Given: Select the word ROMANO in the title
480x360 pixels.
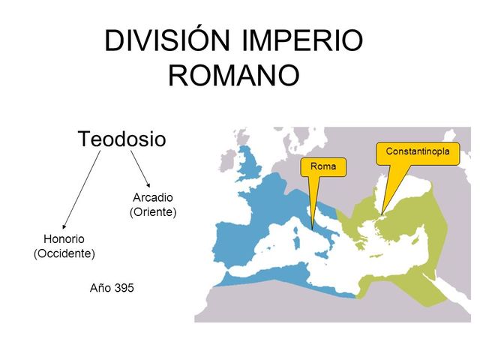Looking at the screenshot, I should [x=234, y=75].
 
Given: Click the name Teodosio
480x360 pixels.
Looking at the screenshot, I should [x=121, y=139].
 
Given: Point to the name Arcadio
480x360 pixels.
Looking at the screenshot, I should [x=152, y=197].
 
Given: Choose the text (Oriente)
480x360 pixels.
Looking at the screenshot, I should [x=152, y=212].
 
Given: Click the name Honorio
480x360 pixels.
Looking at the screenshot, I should [x=64, y=239].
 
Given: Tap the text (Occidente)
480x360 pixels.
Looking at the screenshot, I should [x=64, y=253].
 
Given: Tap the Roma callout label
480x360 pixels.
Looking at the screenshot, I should [x=322, y=166].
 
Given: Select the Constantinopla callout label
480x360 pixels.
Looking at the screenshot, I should [x=418, y=152].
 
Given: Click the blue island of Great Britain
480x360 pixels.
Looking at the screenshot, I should [x=249, y=169].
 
